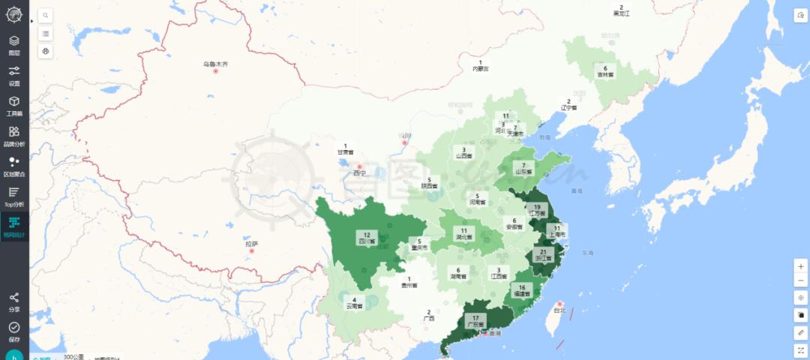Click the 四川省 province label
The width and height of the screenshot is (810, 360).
click(367, 241)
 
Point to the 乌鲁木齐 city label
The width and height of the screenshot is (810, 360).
click(214, 64)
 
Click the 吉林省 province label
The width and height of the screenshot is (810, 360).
click(605, 74)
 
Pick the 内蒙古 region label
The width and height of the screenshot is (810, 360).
click(480, 68)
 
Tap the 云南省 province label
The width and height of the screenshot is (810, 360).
click(354, 306)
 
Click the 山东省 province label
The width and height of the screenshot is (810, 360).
click(523, 172)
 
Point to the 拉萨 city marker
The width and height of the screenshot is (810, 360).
click(252, 250)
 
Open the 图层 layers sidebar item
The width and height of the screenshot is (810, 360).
click(14, 45)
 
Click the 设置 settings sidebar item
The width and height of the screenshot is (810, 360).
click(14, 76)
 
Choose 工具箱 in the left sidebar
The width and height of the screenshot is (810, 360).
click(14, 106)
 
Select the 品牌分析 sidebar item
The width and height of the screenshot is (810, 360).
click(14, 136)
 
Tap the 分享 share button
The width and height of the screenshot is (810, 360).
click(14, 301)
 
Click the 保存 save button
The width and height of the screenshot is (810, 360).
click(14, 331)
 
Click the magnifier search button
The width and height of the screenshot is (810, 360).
click(46, 15)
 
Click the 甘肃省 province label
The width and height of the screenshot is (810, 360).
click(345, 151)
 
